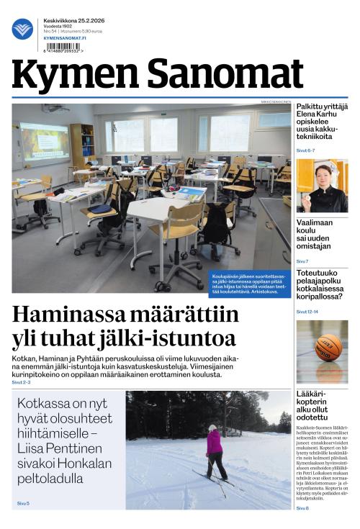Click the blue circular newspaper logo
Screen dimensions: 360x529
22,30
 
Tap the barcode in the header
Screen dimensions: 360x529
63,46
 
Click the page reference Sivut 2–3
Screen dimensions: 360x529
22,382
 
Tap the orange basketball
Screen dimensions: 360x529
328,347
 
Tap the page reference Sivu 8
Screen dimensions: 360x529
302,509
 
